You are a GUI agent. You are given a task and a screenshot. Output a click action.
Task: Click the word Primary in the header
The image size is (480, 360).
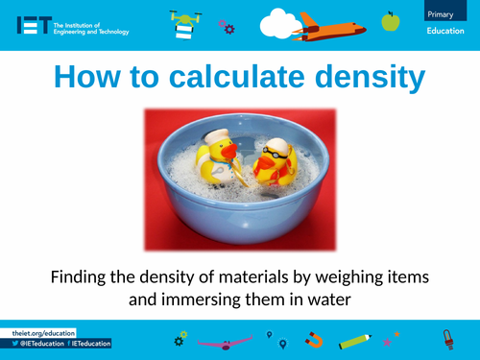pos(444,12)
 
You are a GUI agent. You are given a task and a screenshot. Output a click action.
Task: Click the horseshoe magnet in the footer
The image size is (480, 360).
pos(315,339)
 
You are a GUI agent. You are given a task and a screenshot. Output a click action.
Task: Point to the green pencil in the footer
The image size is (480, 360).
pos(355,340)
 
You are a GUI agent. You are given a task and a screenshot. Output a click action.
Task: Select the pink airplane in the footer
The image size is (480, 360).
pos(222,340)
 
